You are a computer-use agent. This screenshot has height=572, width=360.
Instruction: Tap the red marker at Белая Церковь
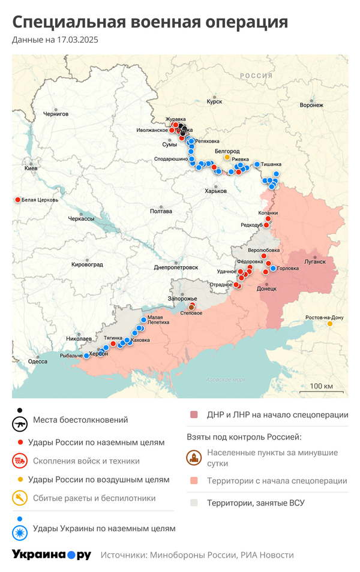click(x=17, y=200)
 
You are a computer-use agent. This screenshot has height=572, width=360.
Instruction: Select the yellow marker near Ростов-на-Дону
click(x=330, y=324)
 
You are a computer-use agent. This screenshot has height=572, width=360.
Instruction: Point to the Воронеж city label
click(x=311, y=105)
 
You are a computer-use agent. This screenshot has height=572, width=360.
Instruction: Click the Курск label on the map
click(x=214, y=102)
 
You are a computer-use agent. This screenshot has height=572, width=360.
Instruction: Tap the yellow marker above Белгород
click(x=227, y=158)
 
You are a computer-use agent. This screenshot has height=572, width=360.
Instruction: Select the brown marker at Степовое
click(x=192, y=306)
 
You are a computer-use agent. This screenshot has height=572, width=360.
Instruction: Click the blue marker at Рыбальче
click(x=86, y=356)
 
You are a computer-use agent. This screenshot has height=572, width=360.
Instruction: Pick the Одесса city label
click(x=38, y=361)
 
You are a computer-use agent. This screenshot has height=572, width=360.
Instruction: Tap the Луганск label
click(x=315, y=261)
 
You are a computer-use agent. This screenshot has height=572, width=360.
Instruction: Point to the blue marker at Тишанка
click(x=257, y=164)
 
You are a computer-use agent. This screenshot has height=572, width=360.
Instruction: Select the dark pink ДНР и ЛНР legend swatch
click(x=194, y=415)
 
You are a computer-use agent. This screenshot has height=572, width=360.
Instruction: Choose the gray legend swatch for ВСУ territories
click(x=194, y=503)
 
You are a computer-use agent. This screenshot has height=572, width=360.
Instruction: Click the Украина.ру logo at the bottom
click(x=52, y=555)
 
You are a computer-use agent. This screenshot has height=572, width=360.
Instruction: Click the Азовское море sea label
click(x=226, y=380)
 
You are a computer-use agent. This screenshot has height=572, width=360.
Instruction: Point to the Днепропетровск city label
click(x=176, y=267)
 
